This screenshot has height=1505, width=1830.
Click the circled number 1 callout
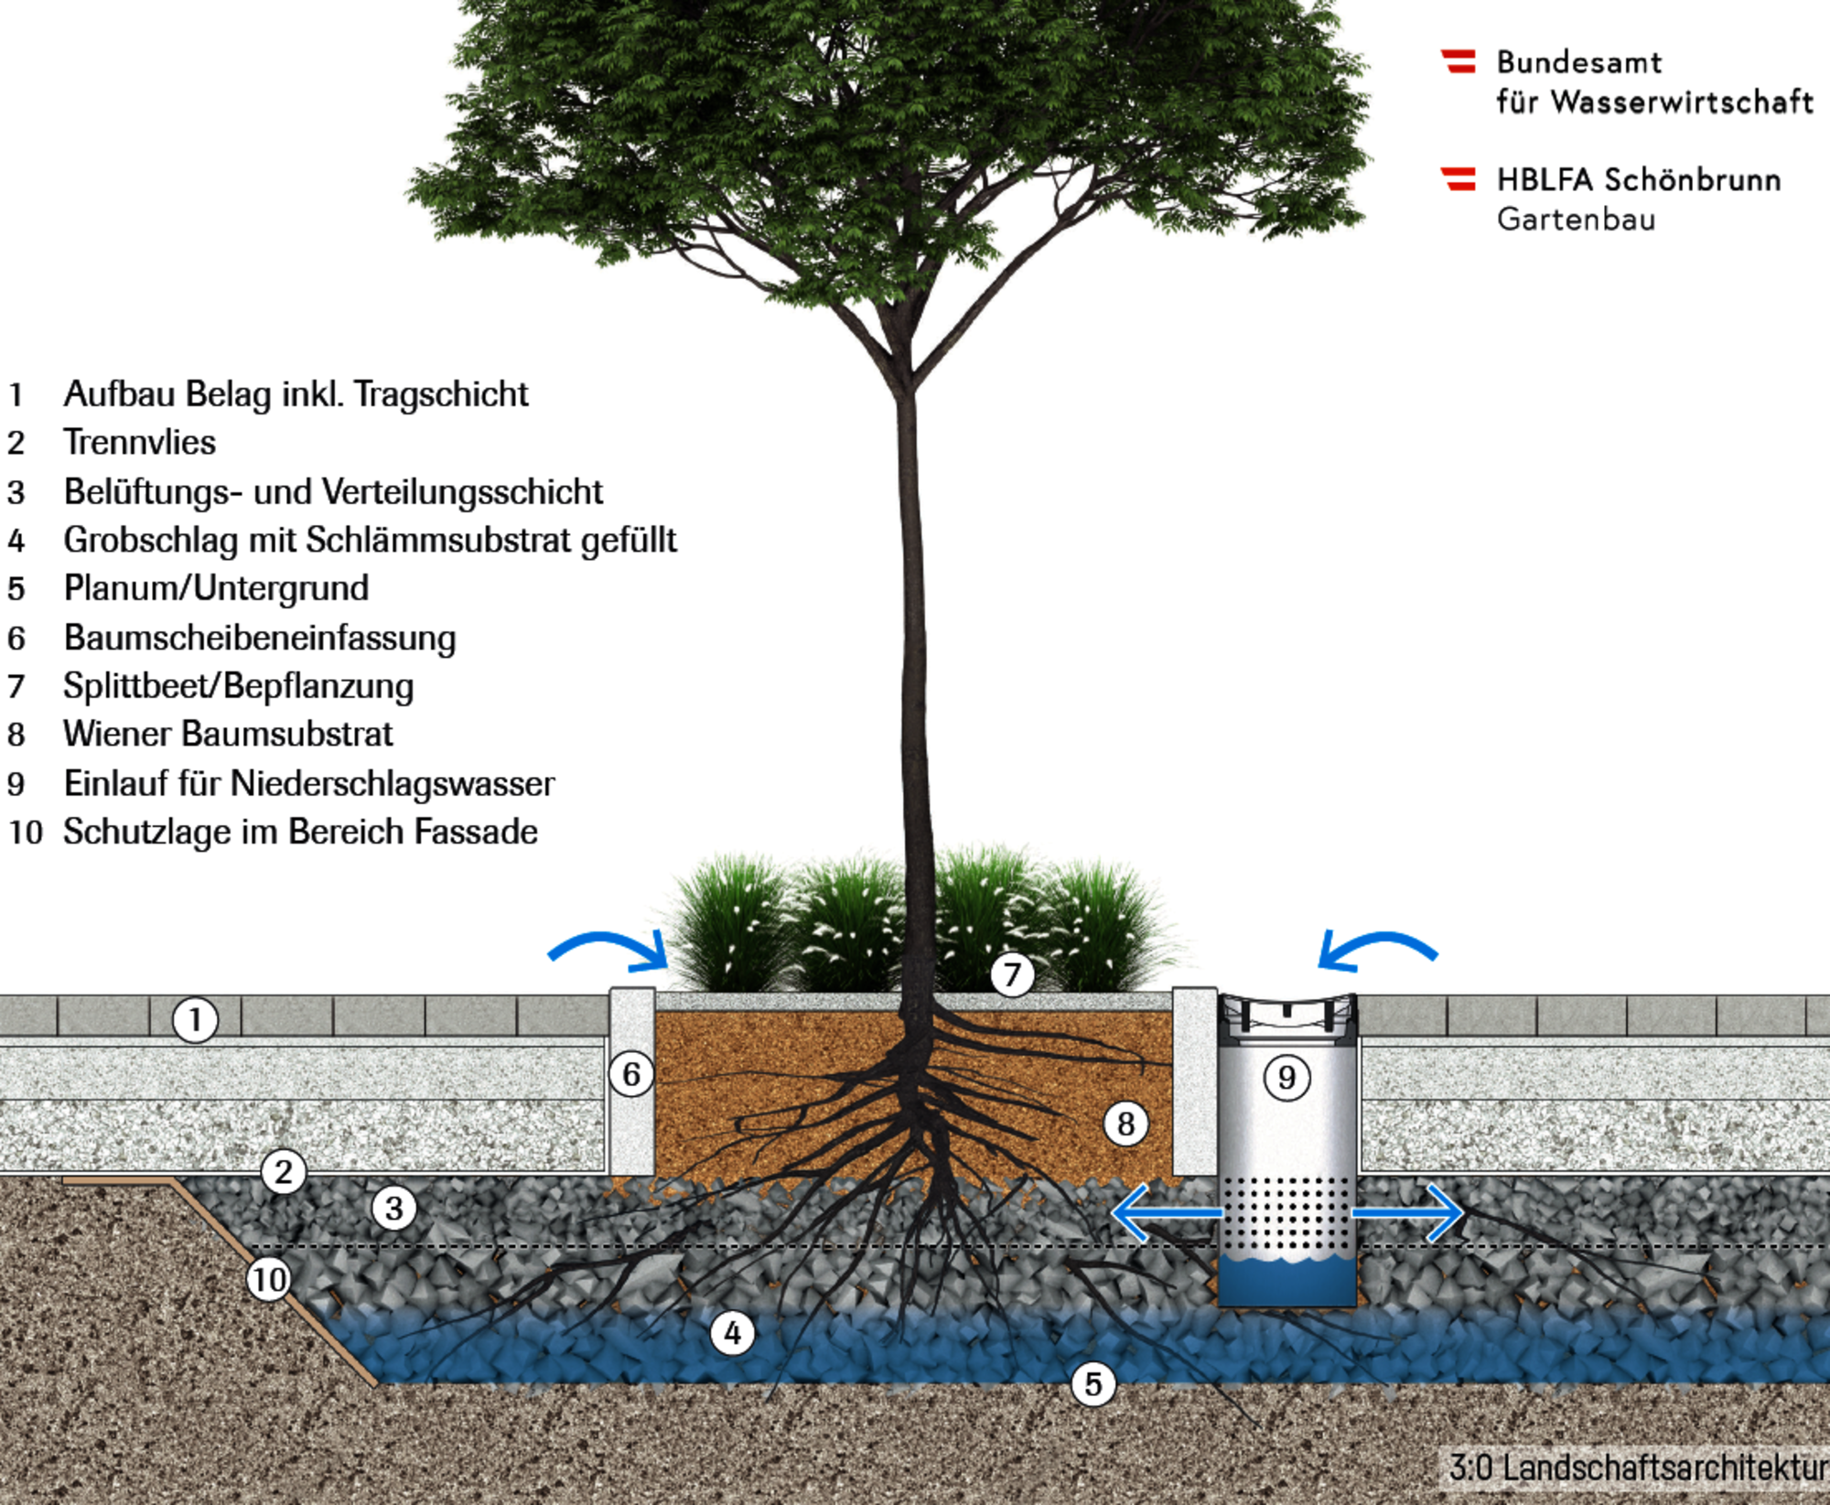point(195,1019)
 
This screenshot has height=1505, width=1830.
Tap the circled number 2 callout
point(284,1171)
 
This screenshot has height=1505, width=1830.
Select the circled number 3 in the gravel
point(394,1209)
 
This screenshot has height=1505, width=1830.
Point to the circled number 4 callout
point(733,1333)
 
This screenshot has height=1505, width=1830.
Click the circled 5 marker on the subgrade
point(1093,1384)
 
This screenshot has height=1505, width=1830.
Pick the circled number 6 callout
point(631,1074)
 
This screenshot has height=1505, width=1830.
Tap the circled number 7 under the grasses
point(1012,974)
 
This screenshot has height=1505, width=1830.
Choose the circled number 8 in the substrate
point(1126,1123)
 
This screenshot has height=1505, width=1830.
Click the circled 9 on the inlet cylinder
point(1286,1078)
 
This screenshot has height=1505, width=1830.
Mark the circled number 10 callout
point(269,1279)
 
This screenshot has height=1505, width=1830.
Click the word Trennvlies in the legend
point(140,443)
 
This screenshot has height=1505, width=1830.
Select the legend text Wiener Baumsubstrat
point(228,734)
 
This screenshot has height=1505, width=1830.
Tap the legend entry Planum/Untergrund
point(216,588)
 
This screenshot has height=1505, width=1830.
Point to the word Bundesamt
point(1578,62)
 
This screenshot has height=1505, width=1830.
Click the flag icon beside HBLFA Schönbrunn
point(1459,178)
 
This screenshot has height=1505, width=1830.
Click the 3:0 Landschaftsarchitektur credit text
point(1638,1467)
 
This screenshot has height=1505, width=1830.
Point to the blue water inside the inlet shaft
point(1286,1281)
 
